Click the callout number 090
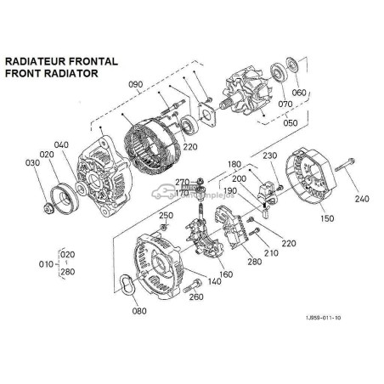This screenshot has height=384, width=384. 136,85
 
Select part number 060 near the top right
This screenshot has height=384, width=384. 298,93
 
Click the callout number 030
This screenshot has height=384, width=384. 32,162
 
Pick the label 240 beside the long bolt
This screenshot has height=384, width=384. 362,199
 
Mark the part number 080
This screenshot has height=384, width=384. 139,310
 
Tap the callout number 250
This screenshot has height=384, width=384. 167,216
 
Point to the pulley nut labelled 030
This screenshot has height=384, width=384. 48,205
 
